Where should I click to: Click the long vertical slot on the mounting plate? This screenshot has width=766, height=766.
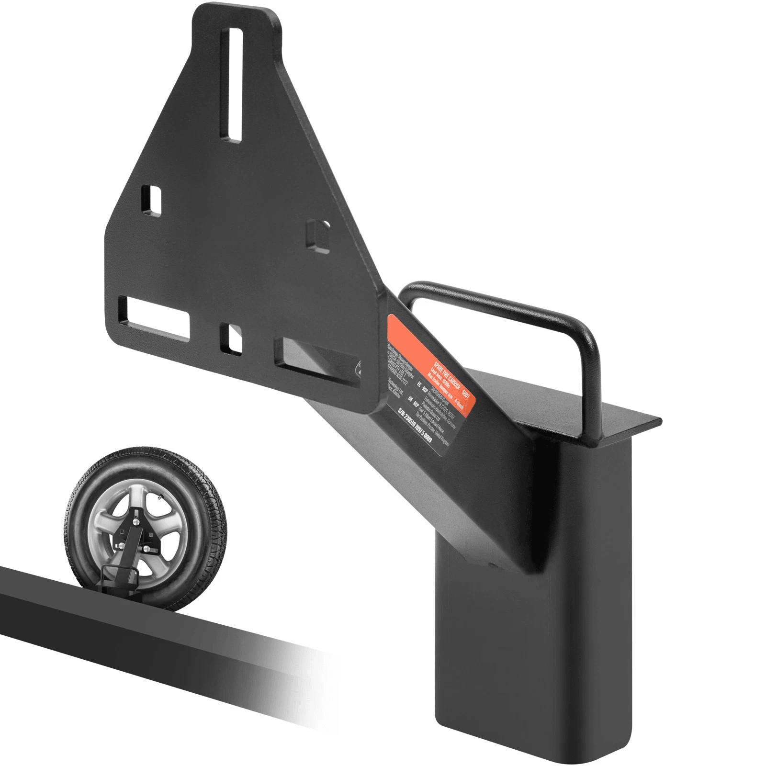point(235,84)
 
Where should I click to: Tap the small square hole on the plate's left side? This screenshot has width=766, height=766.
point(152,200)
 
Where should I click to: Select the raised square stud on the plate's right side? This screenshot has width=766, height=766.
point(317,235)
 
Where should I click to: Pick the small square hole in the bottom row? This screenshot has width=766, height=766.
point(231,338)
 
